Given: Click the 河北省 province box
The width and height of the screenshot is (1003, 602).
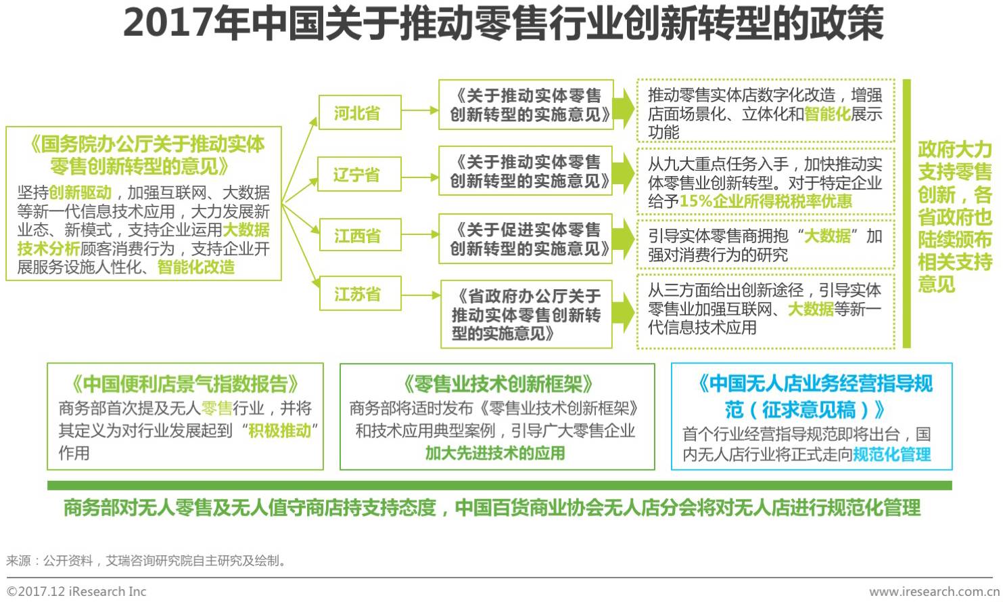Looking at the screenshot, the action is tap(359, 112).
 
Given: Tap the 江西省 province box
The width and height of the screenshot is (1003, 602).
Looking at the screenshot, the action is tap(359, 236).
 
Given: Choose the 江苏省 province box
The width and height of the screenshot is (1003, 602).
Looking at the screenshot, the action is tap(359, 294).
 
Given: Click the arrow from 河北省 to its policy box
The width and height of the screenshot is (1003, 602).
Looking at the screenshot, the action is tap(420, 110).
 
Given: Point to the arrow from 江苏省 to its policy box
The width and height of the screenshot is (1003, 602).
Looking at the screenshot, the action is tap(420, 295).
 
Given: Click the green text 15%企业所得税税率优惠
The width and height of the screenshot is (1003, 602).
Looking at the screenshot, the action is tap(766, 202).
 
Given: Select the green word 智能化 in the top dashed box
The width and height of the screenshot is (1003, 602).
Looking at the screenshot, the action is tap(826, 114).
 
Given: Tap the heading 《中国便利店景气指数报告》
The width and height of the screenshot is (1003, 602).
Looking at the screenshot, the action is tap(185, 384).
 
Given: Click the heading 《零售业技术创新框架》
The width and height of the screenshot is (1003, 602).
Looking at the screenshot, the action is tap(497, 384).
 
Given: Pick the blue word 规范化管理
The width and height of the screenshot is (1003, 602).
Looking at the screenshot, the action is tap(891, 454).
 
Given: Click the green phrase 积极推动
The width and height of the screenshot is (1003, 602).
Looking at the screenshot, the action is tap(279, 431).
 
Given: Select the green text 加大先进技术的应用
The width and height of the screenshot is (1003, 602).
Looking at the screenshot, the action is tap(495, 453).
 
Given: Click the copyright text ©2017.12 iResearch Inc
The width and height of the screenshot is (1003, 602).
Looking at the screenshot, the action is tap(76, 591).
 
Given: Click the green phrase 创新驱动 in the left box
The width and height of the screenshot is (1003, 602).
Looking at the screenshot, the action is tap(80, 193).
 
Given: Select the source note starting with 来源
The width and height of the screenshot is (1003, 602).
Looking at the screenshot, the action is tap(146, 561).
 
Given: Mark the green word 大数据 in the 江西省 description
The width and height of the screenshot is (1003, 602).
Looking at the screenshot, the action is tap(827, 236).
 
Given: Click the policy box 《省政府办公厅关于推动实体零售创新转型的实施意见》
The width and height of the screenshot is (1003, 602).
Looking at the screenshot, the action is tap(526, 314).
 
